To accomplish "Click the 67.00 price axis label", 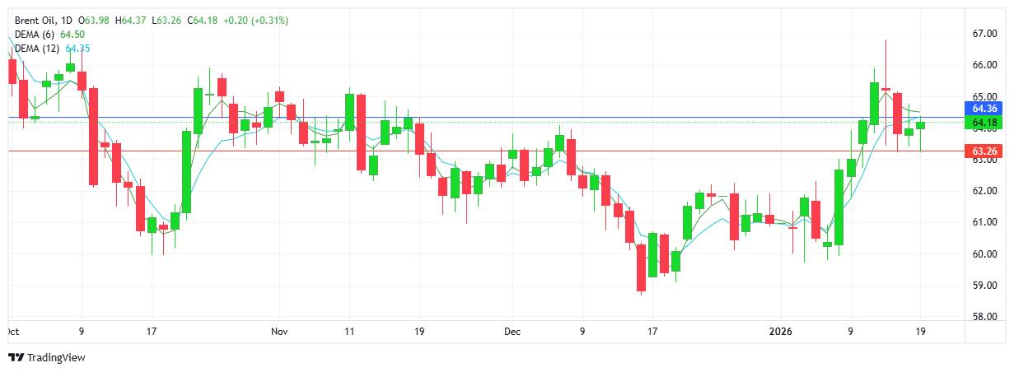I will [x=985, y=34].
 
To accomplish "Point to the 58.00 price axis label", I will [x=985, y=317].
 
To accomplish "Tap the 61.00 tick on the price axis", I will [x=985, y=222].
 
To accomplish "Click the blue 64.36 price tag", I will [x=985, y=108].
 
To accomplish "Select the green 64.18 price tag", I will [x=985, y=123].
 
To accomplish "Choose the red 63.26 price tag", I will [x=985, y=151].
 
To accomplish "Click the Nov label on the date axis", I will [x=279, y=332].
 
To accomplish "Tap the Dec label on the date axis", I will [x=512, y=332].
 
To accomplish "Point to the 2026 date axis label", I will [x=779, y=332].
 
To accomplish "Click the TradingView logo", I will [x=47, y=357].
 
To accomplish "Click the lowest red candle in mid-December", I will [x=641, y=267].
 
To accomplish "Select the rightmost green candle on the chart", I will [x=921, y=125].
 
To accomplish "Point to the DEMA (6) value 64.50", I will [x=72, y=35].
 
